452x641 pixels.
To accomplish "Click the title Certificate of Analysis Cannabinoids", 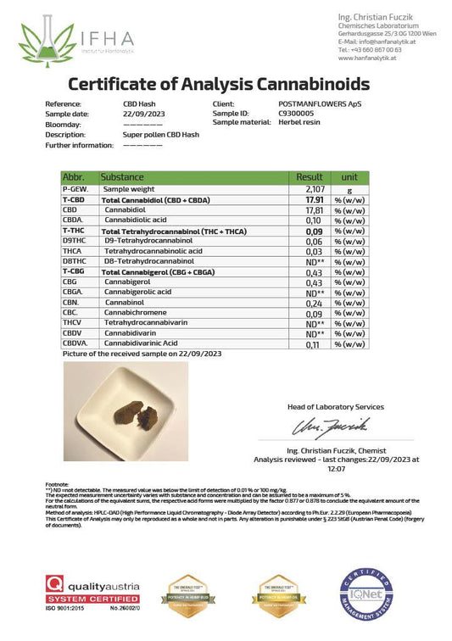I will pos(218,84).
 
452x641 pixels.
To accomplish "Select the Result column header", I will pos(310,176).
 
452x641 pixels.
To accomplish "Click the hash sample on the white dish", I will pos(139,415).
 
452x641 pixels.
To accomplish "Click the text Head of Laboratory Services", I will pos(335,407).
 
